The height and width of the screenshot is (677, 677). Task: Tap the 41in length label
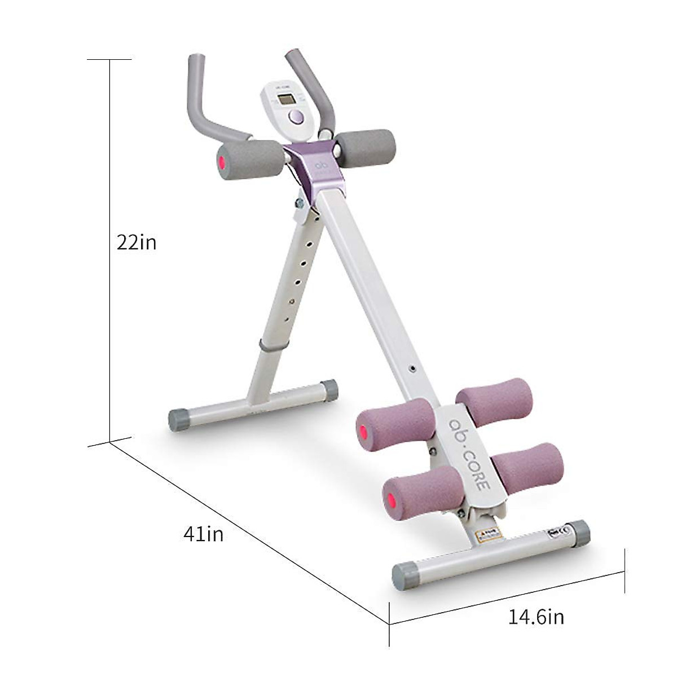(x=203, y=533)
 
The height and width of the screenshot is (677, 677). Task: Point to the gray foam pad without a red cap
(x=367, y=148)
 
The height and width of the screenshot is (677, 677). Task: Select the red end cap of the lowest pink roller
(x=389, y=500)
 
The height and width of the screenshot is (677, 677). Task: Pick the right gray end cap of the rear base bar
(x=329, y=390)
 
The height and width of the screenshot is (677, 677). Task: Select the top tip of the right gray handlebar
(x=293, y=55)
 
